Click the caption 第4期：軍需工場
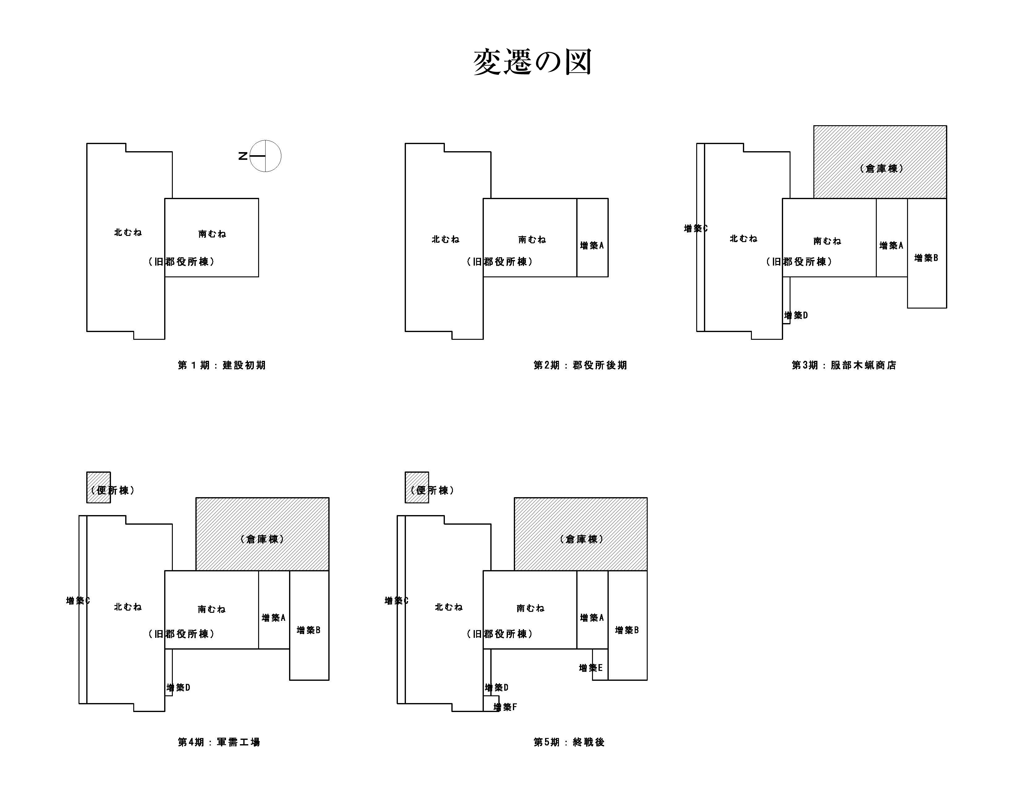(x=219, y=742)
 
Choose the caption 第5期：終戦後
(x=569, y=742)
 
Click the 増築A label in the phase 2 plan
(x=591, y=245)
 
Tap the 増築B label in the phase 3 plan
(x=926, y=258)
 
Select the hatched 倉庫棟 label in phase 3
(x=881, y=169)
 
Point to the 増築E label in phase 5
(x=590, y=668)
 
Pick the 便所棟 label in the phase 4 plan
(x=113, y=490)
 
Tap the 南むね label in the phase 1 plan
(x=212, y=234)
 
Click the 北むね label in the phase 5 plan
(x=448, y=607)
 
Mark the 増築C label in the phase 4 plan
(x=78, y=600)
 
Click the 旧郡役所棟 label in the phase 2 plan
(x=500, y=262)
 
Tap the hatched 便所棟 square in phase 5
(x=416, y=487)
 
